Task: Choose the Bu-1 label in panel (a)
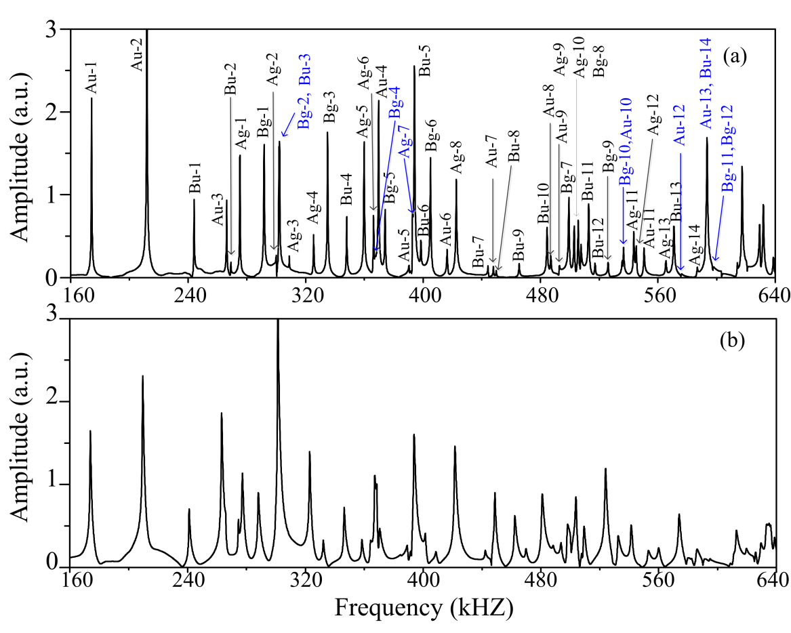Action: (195, 182)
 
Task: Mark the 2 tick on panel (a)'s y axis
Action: (59, 112)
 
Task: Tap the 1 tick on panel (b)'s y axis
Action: (59, 485)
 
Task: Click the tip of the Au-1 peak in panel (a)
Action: (92, 99)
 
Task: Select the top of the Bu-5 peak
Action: (414, 66)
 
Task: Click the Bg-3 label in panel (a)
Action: (329, 108)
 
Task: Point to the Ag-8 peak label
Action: (456, 157)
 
